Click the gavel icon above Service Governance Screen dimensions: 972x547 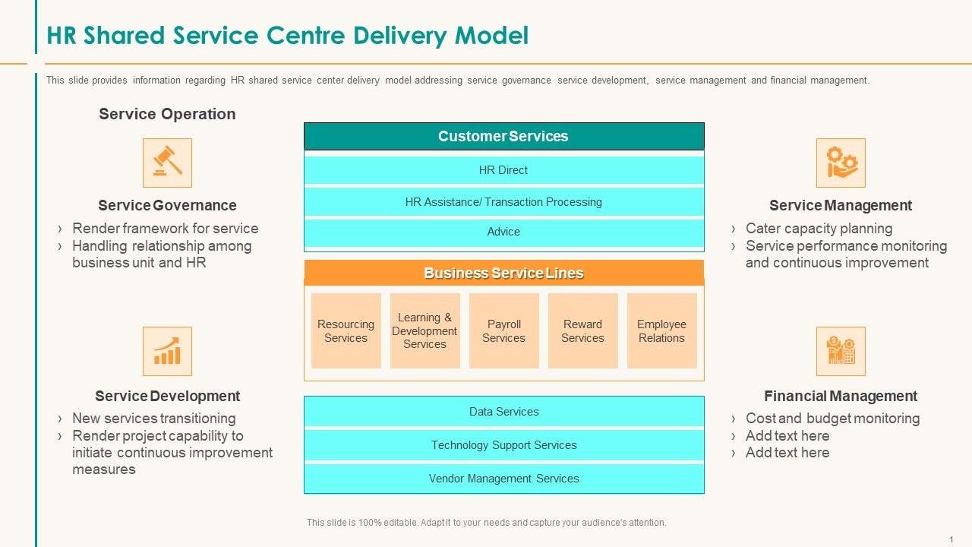tap(167, 163)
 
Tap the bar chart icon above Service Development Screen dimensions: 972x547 tap(167, 351)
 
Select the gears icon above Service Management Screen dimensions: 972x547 tap(841, 163)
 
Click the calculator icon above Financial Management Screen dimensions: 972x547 tap(841, 351)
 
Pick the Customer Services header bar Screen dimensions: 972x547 tap(503, 136)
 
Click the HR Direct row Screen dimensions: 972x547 tap(503, 170)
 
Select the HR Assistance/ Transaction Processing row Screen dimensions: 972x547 tap(503, 202)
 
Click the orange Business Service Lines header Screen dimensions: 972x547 tap(503, 273)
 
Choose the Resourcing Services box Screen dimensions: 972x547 tap(346, 330)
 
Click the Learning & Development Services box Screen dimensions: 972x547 tap(424, 330)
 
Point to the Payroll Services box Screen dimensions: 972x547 tap(503, 330)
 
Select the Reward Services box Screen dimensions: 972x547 tap(582, 330)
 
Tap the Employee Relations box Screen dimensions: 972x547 tap(661, 330)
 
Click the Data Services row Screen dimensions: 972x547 tap(503, 411)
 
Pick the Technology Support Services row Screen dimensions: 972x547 tap(503, 445)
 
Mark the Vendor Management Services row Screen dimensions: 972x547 tap(503, 479)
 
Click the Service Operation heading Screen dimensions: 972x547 tap(167, 114)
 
